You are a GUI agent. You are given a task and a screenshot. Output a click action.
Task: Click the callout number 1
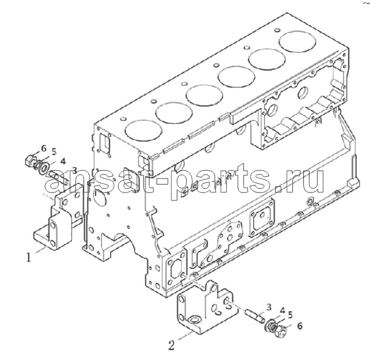[x=29, y=257]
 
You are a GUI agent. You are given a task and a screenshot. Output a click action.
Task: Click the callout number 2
[x=171, y=345]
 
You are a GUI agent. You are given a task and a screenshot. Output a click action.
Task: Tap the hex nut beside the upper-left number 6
[x=29, y=161]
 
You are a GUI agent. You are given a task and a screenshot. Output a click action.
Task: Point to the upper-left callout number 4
[x=63, y=162]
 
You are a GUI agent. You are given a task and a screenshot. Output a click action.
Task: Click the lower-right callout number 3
[x=269, y=307]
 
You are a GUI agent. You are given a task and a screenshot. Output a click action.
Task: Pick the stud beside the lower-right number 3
[x=256, y=316]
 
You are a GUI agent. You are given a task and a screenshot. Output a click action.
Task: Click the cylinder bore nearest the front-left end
[x=144, y=130]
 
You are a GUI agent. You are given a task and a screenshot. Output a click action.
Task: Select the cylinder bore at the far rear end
[x=297, y=42]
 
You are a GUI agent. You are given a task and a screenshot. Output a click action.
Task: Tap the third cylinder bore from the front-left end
[x=205, y=95]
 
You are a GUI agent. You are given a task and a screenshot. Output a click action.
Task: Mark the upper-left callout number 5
[x=54, y=152]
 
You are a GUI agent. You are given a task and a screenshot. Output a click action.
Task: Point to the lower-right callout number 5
[x=290, y=315]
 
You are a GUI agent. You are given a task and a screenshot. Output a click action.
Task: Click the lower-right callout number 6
[x=299, y=326]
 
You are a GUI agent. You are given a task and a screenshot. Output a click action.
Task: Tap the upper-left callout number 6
[x=43, y=149]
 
